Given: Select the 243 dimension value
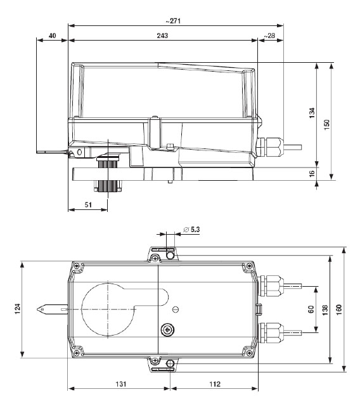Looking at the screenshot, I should pos(162,36).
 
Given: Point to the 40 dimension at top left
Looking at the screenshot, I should pos(52,36).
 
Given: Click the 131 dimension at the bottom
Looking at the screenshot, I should pos(119,384).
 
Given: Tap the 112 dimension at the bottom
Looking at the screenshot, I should pos(214,384).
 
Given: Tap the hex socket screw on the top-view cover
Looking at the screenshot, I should pos(167,329).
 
